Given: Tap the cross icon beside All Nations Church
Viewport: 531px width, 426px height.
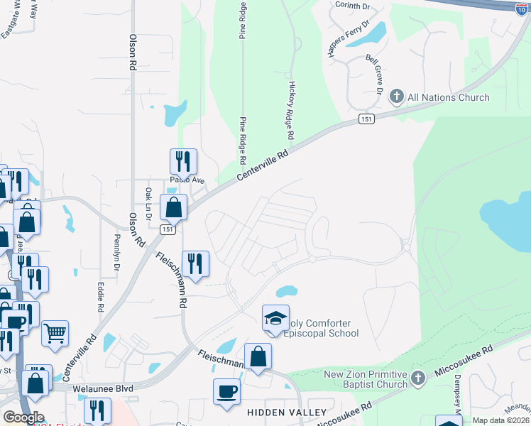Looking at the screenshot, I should click(x=397, y=97).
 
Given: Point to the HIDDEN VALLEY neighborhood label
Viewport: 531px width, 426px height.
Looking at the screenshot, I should click(x=287, y=413).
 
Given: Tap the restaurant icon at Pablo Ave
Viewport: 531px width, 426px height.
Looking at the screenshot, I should click(x=182, y=161).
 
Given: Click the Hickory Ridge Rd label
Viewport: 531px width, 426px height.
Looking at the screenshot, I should click(x=291, y=109).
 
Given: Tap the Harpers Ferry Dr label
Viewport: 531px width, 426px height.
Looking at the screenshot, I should click(x=357, y=35).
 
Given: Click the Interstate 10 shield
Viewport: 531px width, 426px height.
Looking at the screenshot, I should click(x=522, y=7).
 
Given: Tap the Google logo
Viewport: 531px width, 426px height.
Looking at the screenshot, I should click(x=23, y=417).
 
